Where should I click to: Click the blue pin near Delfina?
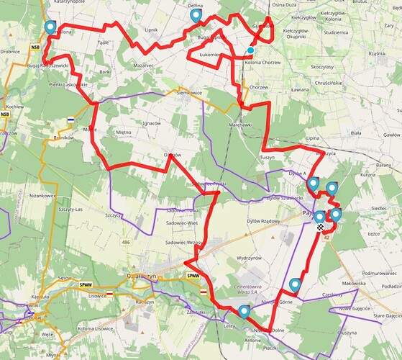pos(195,16)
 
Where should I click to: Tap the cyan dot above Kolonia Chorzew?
pos(250,50)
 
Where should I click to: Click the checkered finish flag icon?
pos(318,227)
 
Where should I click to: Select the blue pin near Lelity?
pos(244,311)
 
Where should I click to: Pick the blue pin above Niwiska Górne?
pos(295,284)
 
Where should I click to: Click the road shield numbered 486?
pos(126,243)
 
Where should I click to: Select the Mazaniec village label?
pos(144,66)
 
